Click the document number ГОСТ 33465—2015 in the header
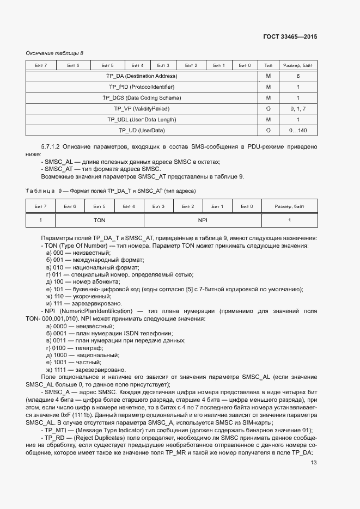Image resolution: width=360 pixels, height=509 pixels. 291,37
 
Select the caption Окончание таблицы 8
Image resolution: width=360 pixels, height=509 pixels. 54,53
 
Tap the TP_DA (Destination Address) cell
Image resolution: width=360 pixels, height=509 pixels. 142,76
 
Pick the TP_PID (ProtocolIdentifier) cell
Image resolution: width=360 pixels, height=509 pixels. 142,87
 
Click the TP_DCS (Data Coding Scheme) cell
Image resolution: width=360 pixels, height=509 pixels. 142,98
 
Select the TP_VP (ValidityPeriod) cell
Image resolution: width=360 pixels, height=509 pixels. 142,109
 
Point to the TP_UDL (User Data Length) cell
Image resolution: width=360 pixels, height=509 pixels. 142,120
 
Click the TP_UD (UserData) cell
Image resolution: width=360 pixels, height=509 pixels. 142,131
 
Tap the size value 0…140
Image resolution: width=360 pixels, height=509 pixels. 298,131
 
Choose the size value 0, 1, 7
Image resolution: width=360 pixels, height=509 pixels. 298,109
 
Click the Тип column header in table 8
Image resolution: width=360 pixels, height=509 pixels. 268,66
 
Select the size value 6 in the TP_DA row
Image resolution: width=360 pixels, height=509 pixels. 298,76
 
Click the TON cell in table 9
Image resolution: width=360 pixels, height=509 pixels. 99,220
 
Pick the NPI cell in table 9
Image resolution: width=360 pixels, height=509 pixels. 203,220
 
